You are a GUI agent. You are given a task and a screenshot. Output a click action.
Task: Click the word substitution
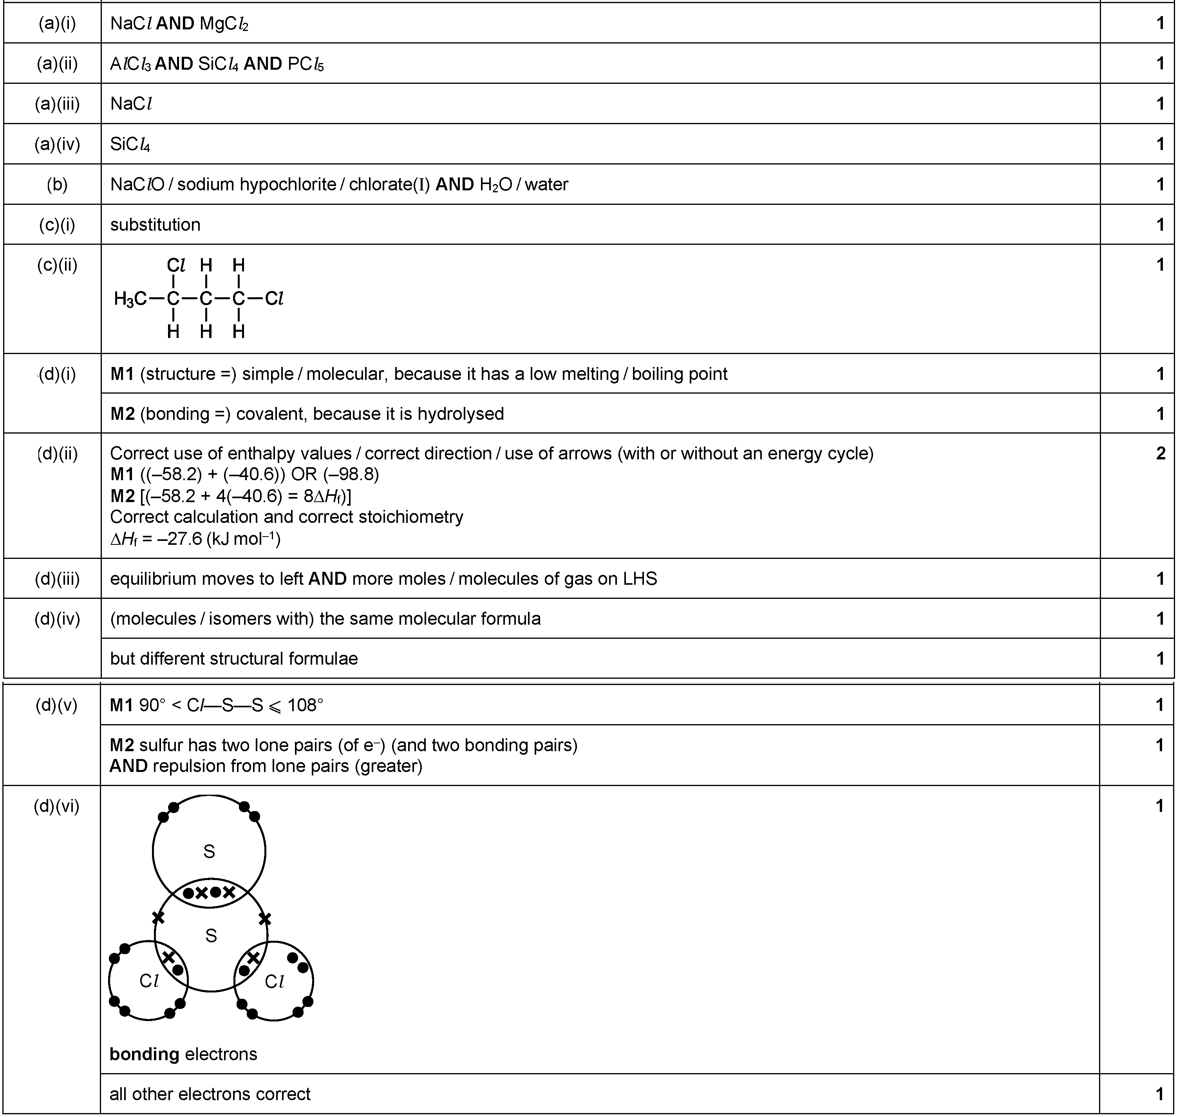tap(155, 224)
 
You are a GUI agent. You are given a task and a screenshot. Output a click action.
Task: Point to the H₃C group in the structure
tap(130, 299)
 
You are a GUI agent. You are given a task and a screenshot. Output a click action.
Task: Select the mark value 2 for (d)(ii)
tap(1160, 454)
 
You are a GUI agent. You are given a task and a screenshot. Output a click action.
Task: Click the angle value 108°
tap(305, 706)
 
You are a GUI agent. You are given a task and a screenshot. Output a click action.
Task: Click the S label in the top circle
tap(209, 851)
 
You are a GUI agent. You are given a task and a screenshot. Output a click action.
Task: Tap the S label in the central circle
tap(211, 936)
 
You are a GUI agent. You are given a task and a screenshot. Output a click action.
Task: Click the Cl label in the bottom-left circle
tap(148, 981)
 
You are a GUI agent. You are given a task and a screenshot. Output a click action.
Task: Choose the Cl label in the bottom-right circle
tap(274, 981)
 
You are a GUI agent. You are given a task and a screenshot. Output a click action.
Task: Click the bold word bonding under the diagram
tap(144, 1054)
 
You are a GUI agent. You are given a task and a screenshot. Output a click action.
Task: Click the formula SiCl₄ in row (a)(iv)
tap(130, 144)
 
